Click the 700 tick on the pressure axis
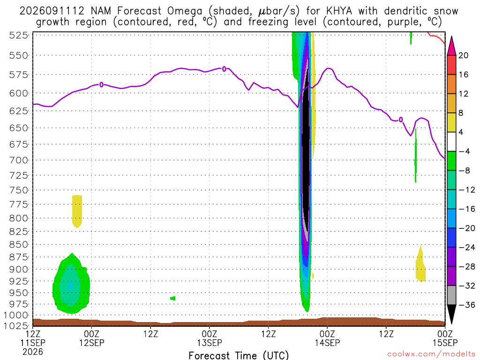coord(19,160)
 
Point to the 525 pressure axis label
coord(19,36)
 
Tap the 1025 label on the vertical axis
coord(16,326)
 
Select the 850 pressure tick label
coord(19,245)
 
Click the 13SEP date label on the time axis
coord(210,343)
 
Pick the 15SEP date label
coord(445,343)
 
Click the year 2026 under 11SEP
coord(33,352)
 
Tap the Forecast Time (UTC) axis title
coord(239,355)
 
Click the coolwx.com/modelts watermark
coord(431,354)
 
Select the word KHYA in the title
coord(339,11)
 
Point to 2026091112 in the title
coord(52,11)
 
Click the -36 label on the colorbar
coord(467,305)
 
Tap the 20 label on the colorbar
coord(464,55)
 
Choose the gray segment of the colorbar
coord(451,295)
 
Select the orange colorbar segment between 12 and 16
coord(451,84)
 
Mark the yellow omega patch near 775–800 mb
coord(77,211)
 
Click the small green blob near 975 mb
coord(173,298)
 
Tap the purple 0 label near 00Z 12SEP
coord(101,84)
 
